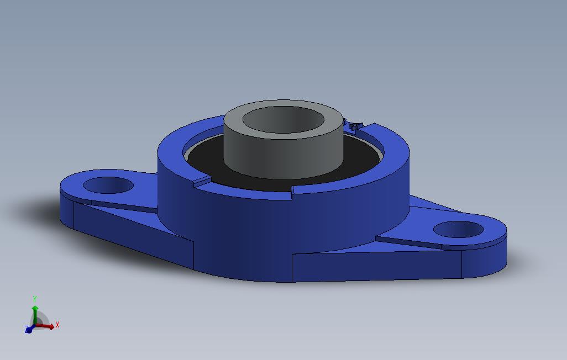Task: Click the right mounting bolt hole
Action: click(x=458, y=229)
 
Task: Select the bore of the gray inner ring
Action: click(x=284, y=120)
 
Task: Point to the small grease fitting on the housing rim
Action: click(x=354, y=126)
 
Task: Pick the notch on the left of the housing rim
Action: click(x=202, y=181)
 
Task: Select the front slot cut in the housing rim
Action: click(x=291, y=190)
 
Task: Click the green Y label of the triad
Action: click(x=35, y=299)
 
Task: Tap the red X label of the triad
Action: click(x=57, y=325)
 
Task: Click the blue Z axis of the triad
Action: click(x=29, y=330)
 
